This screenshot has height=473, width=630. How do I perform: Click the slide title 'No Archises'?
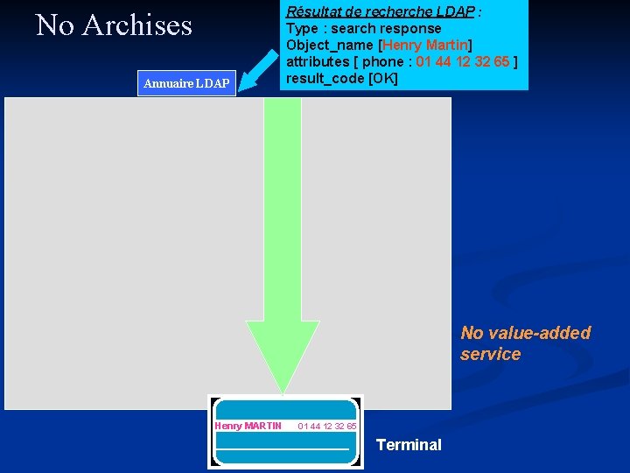[x=114, y=25]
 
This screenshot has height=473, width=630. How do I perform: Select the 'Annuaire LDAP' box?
[x=186, y=83]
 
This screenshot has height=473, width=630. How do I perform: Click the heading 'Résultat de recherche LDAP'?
[x=381, y=11]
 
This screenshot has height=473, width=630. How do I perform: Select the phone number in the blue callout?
[x=463, y=61]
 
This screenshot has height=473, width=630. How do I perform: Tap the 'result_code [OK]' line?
[x=342, y=78]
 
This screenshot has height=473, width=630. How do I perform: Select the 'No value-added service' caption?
[x=525, y=343]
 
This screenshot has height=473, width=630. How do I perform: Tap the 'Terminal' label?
[x=409, y=445]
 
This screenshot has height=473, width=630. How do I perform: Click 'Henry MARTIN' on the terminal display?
[x=248, y=427]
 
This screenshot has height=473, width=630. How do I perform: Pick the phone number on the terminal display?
[x=326, y=427]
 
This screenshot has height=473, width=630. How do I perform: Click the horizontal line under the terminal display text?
[x=283, y=448]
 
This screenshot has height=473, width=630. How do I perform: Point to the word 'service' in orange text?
[x=490, y=354]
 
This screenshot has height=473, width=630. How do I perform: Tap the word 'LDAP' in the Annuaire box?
[x=212, y=83]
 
